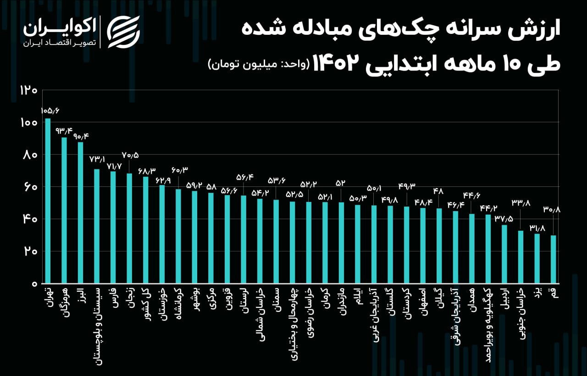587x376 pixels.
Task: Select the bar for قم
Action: coord(553,259)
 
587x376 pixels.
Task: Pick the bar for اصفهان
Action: coord(423,245)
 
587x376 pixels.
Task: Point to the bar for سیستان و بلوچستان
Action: coord(97,226)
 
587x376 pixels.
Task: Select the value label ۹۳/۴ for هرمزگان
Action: coord(64,131)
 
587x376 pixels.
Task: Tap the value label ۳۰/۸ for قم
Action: coord(552,210)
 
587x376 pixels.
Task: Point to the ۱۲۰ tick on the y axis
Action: coord(28,90)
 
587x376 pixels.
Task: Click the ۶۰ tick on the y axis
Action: coord(28,187)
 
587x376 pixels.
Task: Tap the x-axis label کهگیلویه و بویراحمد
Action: coord(488,325)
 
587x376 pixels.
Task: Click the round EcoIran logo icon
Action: coord(123,32)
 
